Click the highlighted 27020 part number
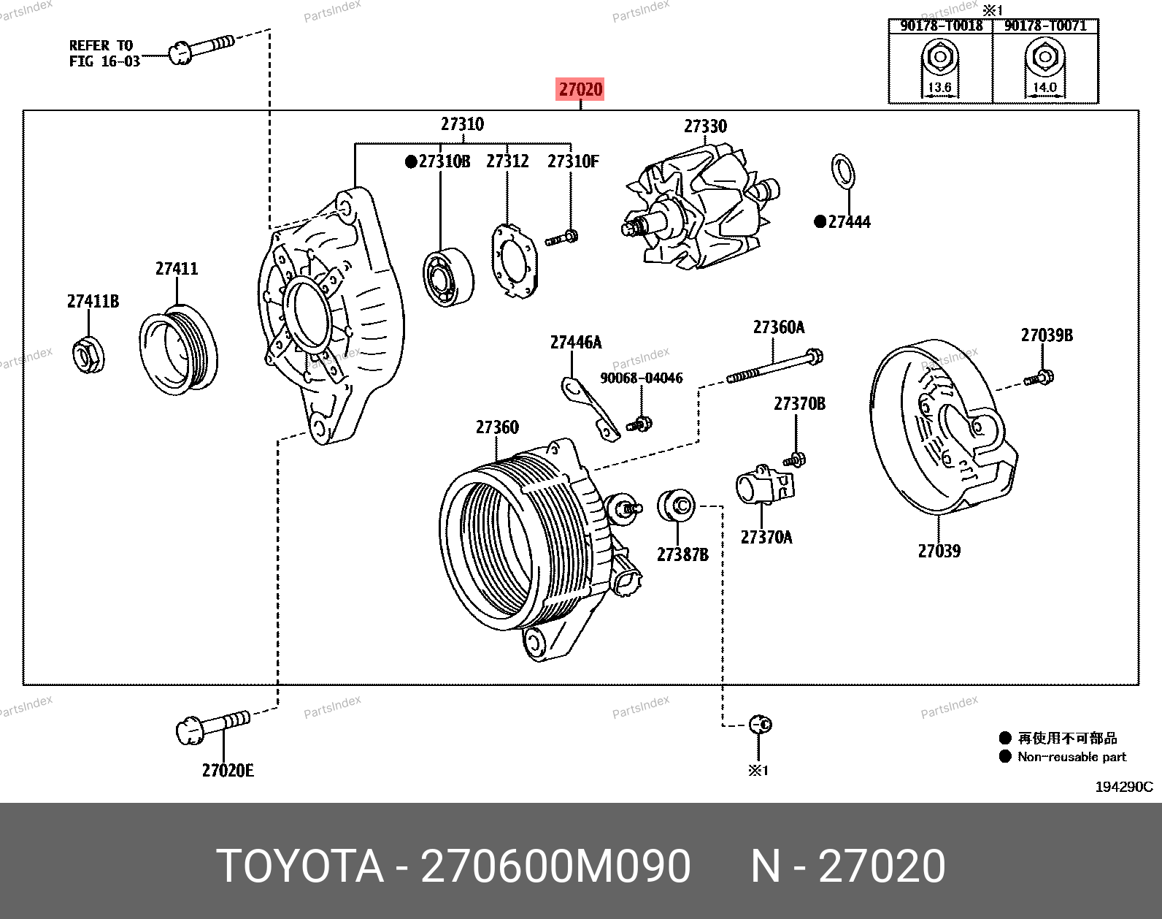point(580,90)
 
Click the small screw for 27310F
point(562,237)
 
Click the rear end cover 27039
point(941,431)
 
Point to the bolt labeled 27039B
point(1039,378)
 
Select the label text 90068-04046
point(642,378)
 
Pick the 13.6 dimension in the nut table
point(939,88)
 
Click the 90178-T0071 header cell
point(1045,26)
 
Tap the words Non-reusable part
point(1071,757)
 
